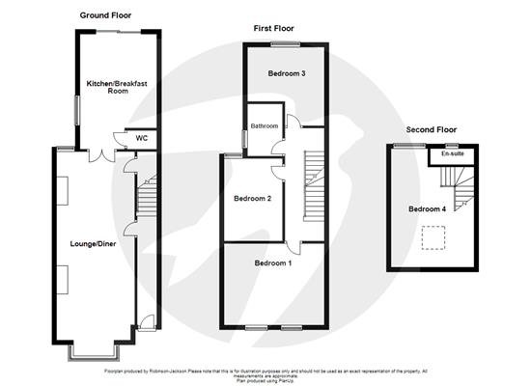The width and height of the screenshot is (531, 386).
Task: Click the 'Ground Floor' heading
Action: (107, 15)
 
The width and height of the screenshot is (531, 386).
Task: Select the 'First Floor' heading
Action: (273, 28)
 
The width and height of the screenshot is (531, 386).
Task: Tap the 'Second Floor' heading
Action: (432, 129)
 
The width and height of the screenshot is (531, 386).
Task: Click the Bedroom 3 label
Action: (288, 74)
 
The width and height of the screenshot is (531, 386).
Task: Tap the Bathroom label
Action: (264, 126)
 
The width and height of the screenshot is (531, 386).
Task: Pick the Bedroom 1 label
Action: (272, 263)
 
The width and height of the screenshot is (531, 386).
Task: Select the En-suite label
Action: (451, 153)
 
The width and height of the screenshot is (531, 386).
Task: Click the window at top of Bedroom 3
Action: (283, 43)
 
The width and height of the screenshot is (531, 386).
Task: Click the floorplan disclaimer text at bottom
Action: (265, 374)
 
